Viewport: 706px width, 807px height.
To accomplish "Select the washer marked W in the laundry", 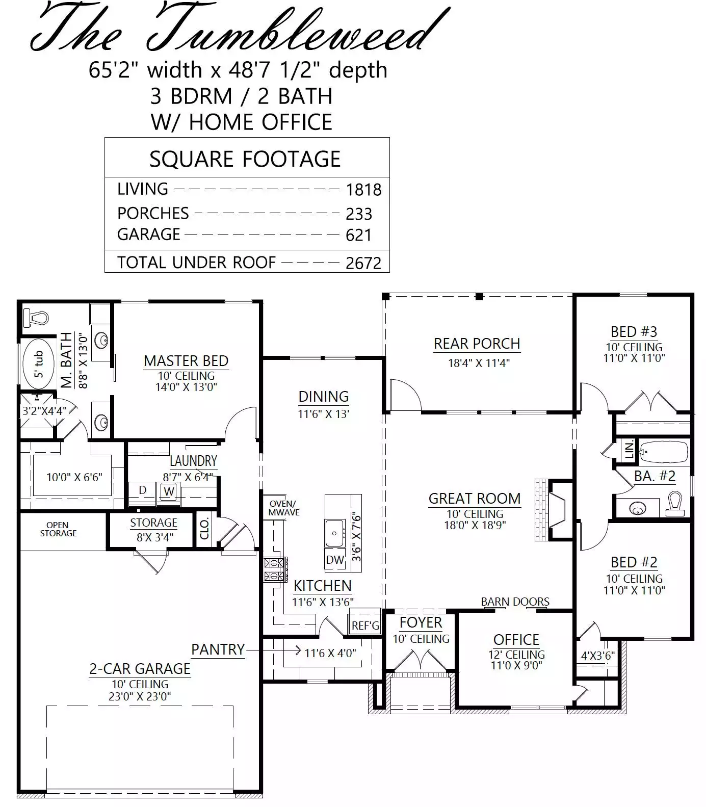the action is [169, 492].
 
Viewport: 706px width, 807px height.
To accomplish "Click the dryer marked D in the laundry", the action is [143, 490].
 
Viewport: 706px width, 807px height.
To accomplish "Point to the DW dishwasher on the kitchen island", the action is [335, 560].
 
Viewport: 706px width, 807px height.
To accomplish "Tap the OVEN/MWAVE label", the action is [284, 508].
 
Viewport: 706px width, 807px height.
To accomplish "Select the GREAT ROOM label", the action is [475, 498].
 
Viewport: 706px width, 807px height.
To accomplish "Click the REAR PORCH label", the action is [477, 344].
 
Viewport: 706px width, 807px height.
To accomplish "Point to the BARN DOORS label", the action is [515, 602].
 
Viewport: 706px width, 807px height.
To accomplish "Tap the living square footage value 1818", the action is [363, 190].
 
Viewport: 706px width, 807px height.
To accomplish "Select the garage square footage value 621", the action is [358, 235].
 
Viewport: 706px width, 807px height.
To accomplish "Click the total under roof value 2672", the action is [363, 263].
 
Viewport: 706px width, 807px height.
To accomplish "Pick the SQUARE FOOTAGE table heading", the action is [245, 159].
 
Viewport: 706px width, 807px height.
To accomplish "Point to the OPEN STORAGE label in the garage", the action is [58, 529].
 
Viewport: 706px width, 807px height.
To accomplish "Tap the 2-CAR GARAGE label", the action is [140, 668].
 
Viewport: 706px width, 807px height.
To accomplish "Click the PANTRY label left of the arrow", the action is [218, 649].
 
